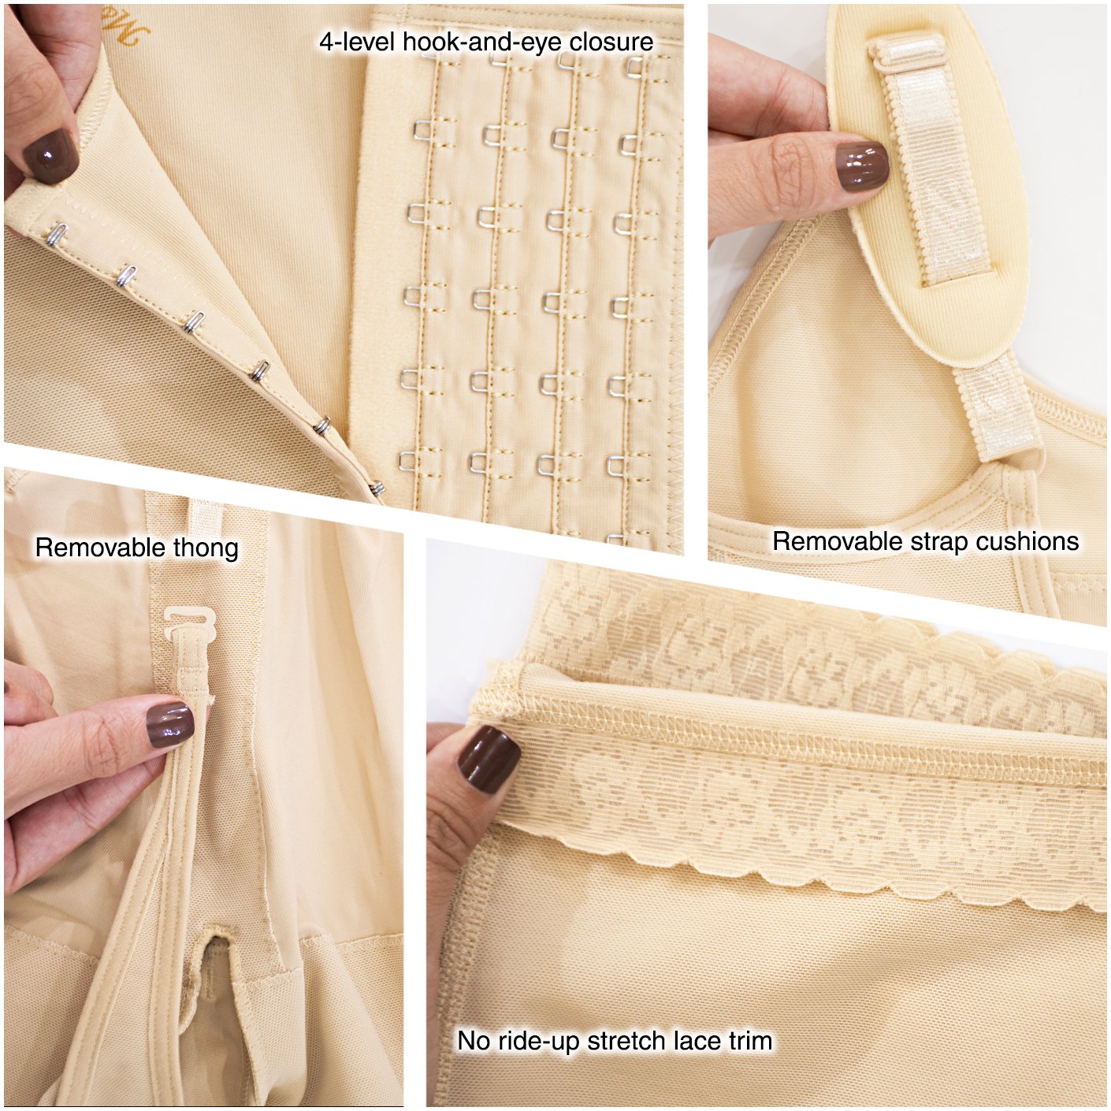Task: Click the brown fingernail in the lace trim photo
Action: (x=489, y=760)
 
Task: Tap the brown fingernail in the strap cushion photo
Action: (x=861, y=166)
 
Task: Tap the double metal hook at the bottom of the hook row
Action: (x=377, y=489)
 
